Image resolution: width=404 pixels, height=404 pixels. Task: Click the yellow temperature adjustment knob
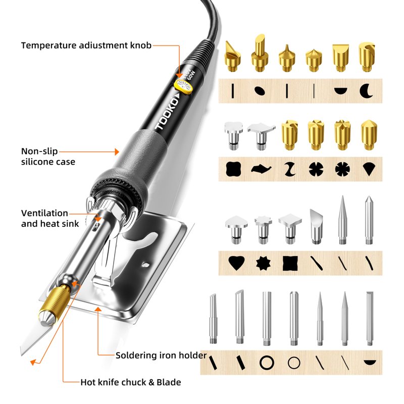tap(183, 87)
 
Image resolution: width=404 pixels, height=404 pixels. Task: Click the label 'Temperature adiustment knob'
tap(86, 45)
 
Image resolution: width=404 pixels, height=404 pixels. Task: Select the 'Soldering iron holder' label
tap(161, 356)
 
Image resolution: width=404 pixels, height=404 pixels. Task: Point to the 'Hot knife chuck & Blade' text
tap(131, 382)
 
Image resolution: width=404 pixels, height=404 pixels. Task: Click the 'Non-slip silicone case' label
tap(48, 157)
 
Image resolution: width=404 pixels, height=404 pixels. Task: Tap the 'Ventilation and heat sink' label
tap(50, 218)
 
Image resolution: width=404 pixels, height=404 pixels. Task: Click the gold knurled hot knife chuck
tap(55, 300)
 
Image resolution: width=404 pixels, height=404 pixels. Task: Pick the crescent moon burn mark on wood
tap(366, 91)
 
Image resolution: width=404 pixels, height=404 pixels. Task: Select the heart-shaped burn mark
tap(236, 263)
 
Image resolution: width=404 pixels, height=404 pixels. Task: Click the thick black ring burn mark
tap(267, 363)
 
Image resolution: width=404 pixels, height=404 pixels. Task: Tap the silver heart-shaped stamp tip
tap(236, 229)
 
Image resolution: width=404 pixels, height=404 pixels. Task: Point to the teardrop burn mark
tap(369, 169)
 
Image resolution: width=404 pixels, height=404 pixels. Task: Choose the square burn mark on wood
tap(290, 263)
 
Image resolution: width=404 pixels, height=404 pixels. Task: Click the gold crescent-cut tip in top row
tap(367, 57)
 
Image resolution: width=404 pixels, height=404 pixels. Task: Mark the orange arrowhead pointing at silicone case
tap(117, 152)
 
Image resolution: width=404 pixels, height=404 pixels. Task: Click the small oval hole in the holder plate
tap(146, 265)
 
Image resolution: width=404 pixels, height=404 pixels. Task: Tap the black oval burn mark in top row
tap(260, 91)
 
